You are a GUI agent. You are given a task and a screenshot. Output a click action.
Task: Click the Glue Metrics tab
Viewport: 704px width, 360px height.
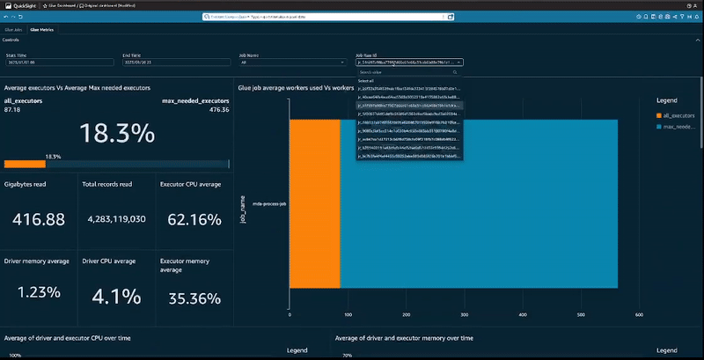click(x=41, y=29)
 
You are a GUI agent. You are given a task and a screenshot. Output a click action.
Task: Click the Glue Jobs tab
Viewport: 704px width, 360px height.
click(x=13, y=29)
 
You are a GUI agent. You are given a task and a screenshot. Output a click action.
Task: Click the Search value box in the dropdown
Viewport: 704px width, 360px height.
click(x=408, y=71)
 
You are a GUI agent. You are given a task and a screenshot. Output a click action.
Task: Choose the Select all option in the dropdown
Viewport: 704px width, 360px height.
click(x=367, y=80)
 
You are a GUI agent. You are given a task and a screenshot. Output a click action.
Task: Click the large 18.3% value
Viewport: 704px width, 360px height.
click(x=117, y=134)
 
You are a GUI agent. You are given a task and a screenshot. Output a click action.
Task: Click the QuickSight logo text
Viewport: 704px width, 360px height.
click(x=26, y=4)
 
